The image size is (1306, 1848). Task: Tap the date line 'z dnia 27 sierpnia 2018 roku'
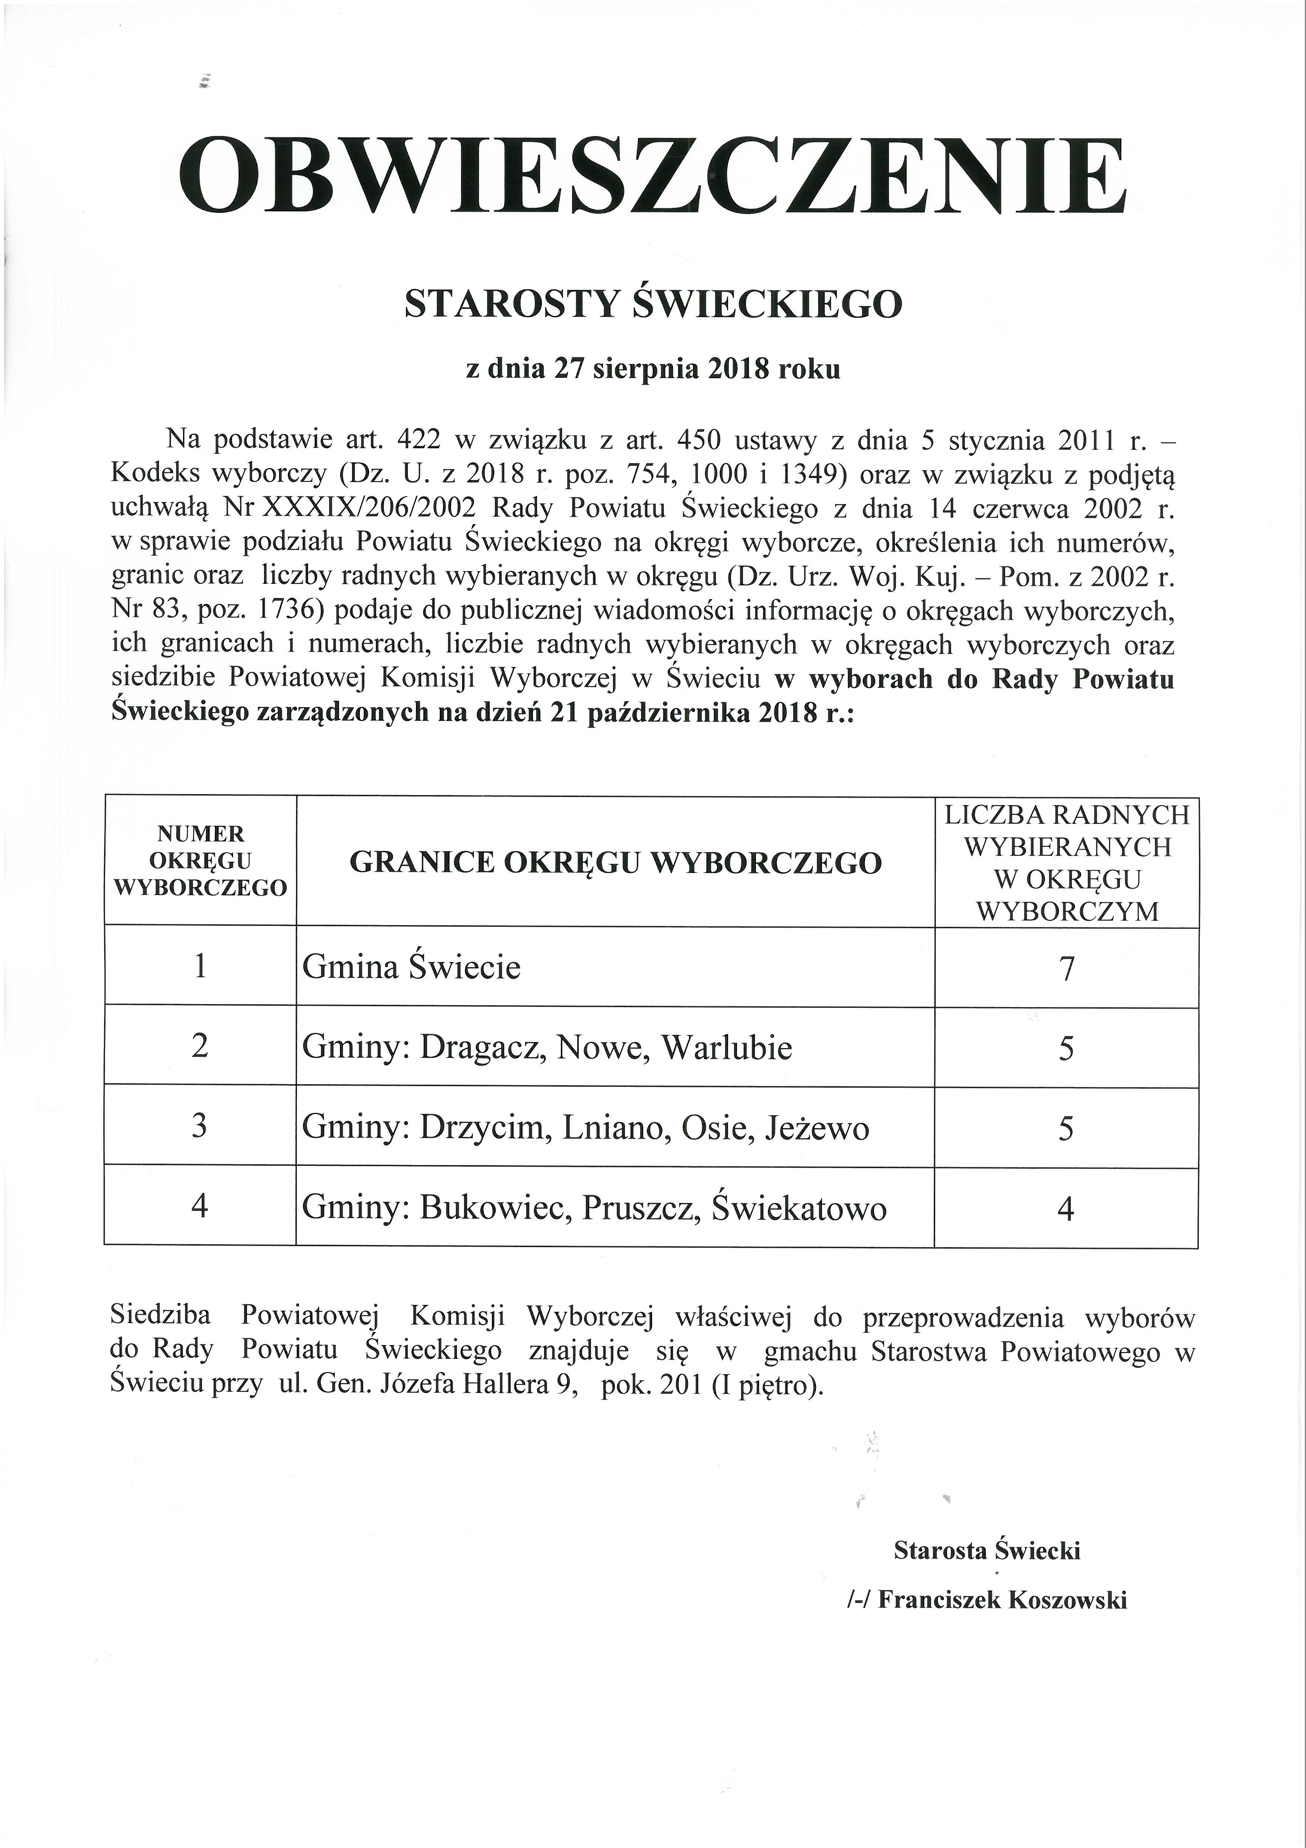coord(652,370)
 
